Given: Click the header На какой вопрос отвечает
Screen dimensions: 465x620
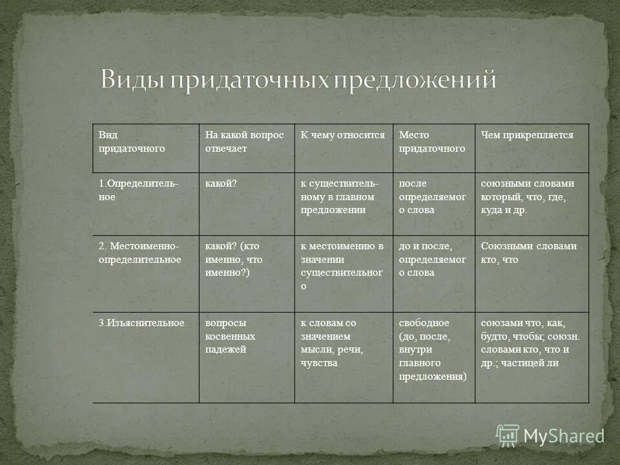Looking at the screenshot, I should click(x=244, y=141).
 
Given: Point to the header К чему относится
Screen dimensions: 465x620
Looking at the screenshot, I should click(x=342, y=135).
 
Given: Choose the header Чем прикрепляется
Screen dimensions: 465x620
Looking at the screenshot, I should click(x=527, y=135).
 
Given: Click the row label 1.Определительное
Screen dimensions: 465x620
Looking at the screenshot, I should click(x=138, y=190).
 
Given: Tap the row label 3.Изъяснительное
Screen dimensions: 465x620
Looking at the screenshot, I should click(x=141, y=323).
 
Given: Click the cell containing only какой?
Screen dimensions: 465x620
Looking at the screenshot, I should click(x=221, y=184).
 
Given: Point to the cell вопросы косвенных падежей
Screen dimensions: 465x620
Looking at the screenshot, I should click(x=230, y=336).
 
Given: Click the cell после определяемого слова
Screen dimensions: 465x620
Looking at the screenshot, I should click(x=432, y=196).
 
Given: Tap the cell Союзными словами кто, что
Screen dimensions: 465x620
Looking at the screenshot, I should click(x=528, y=253).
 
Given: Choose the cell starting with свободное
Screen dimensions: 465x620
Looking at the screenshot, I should click(x=432, y=349).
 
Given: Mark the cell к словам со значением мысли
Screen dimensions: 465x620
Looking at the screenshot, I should click(x=332, y=342).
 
